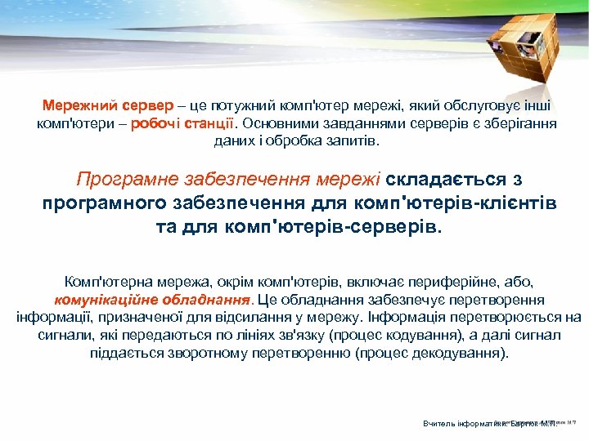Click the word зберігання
521,123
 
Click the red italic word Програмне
122,179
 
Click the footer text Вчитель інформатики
459,424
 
